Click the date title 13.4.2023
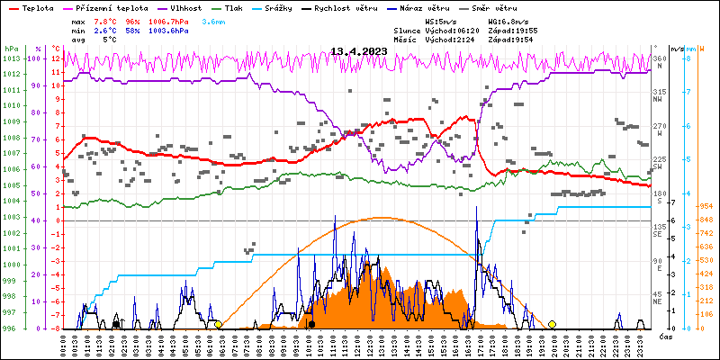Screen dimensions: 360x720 click(x=359, y=51)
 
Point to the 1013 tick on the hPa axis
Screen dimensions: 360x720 click(x=11, y=58)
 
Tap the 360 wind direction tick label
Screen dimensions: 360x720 click(x=660, y=58)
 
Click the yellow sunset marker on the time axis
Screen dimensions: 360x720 click(x=552, y=324)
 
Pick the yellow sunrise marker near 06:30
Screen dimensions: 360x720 click(x=219, y=324)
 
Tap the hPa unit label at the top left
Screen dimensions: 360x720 click(x=11, y=48)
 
